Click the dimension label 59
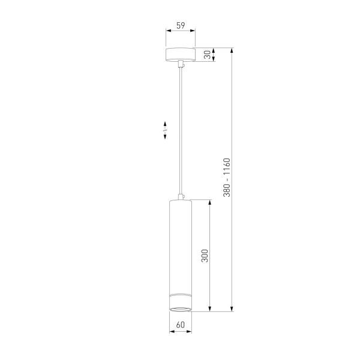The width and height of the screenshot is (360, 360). click(181, 25)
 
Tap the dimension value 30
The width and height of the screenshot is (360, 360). click(208, 55)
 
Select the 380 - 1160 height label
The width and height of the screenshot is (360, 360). click(227, 177)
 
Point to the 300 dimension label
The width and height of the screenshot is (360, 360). click(205, 256)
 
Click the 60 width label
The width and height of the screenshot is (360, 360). click(181, 325)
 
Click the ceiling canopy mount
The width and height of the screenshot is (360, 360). click(181, 55)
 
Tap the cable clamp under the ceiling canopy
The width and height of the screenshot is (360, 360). click(181, 64)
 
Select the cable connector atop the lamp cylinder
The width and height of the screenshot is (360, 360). click(181, 197)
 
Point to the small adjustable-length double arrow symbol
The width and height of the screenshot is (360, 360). click(165, 130)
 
